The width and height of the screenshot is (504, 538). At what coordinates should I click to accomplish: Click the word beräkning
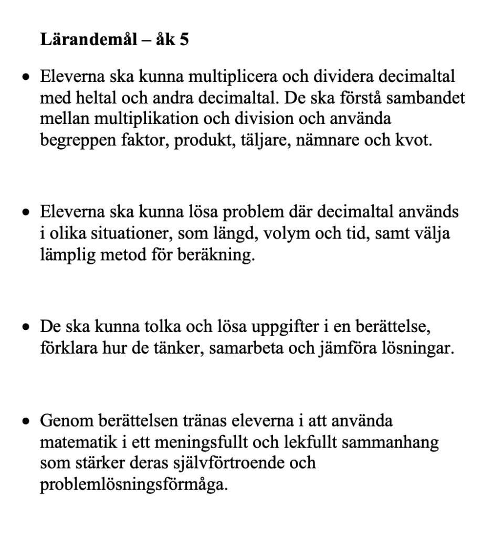[220, 256]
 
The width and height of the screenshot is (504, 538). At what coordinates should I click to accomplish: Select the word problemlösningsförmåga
[134, 485]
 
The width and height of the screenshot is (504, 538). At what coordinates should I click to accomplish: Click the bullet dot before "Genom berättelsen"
[25, 421]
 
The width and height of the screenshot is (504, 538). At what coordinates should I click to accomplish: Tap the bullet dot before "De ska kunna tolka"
[25, 328]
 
